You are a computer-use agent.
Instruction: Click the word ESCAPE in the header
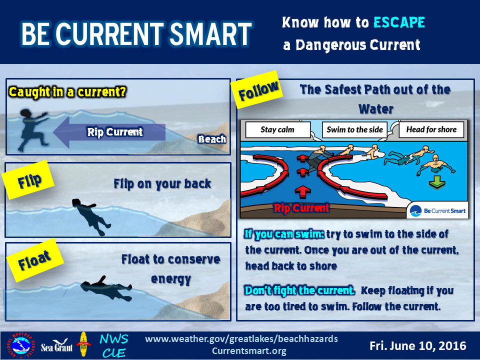(x=399, y=22)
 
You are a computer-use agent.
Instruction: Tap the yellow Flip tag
(x=28, y=180)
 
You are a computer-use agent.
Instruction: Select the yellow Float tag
(x=34, y=260)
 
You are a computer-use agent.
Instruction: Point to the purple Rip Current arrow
(x=109, y=132)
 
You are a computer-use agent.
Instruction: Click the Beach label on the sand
(x=212, y=139)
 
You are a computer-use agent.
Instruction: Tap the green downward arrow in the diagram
(x=437, y=182)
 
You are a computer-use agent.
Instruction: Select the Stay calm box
(x=277, y=130)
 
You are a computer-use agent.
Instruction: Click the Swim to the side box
(x=354, y=130)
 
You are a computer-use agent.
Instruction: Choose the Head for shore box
(x=431, y=130)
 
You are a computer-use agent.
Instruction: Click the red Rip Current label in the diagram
(x=301, y=208)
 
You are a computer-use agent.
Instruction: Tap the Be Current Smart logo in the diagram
(x=437, y=210)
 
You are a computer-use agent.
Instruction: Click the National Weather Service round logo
(x=20, y=345)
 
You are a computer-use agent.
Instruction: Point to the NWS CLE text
(x=114, y=346)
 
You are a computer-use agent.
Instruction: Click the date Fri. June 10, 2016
(x=418, y=346)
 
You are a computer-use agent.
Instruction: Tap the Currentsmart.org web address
(x=249, y=351)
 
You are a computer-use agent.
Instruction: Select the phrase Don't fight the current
(x=299, y=290)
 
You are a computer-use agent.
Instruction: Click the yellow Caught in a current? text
(x=67, y=92)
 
